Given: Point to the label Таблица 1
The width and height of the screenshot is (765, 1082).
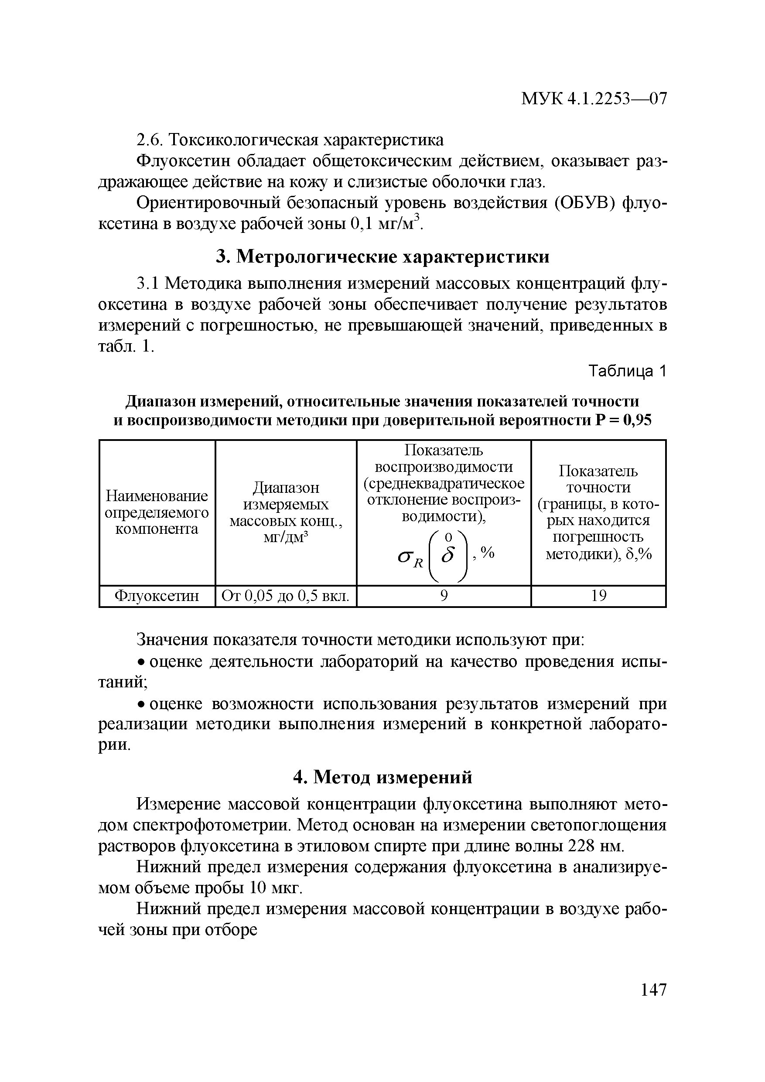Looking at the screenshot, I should click(628, 372).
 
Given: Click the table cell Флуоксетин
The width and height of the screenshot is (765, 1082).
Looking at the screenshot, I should click(157, 597).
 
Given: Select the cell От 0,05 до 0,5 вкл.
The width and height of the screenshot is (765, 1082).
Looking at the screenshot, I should click(286, 597).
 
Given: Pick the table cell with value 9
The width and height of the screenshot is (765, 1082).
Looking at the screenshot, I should click(444, 597).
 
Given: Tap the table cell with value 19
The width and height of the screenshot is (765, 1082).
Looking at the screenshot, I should click(598, 597).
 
